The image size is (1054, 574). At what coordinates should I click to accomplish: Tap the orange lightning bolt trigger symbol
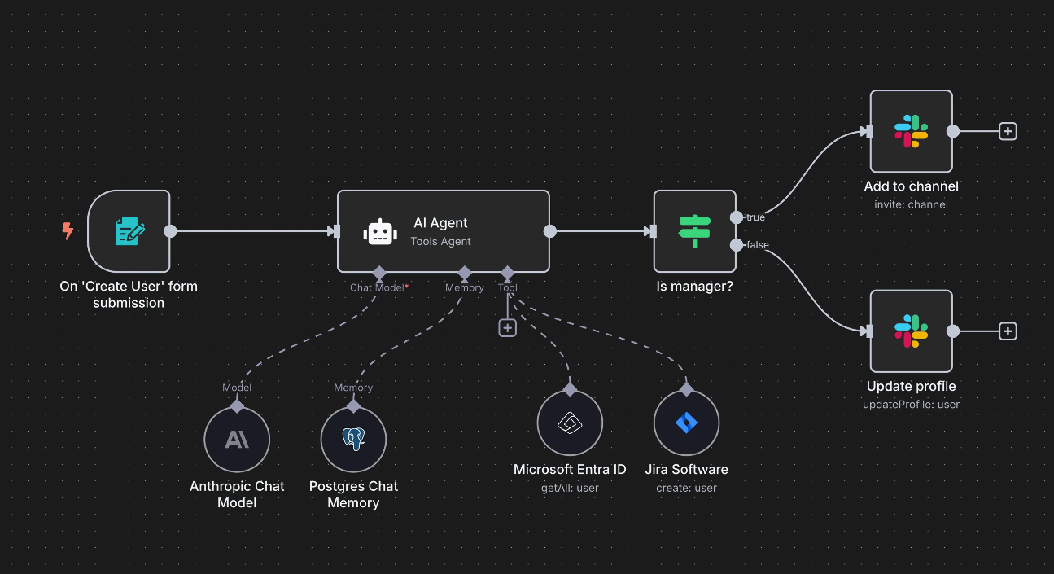[68, 231]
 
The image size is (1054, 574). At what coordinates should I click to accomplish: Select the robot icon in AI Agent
[379, 232]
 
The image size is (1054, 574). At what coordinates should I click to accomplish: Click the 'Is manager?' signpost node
[694, 231]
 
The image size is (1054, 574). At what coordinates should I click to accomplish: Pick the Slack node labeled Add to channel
[911, 131]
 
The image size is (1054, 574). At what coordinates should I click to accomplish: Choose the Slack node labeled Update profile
[911, 331]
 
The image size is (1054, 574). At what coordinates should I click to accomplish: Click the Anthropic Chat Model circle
[237, 440]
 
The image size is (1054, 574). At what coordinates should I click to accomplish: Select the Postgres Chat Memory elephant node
[353, 440]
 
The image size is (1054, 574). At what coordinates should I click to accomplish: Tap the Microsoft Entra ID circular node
[570, 423]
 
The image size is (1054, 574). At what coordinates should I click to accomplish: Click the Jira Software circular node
[686, 423]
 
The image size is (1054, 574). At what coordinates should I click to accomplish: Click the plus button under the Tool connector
[508, 327]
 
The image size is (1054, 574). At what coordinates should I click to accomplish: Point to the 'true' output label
[755, 217]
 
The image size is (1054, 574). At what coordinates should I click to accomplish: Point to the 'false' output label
[757, 245]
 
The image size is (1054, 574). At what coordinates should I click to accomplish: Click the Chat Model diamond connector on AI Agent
[378, 272]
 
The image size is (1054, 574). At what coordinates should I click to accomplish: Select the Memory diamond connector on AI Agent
[465, 272]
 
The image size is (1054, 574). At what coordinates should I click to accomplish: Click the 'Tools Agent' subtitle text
[440, 241]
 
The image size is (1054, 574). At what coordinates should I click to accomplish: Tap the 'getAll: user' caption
[570, 488]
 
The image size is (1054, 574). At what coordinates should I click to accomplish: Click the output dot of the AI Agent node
[550, 231]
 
